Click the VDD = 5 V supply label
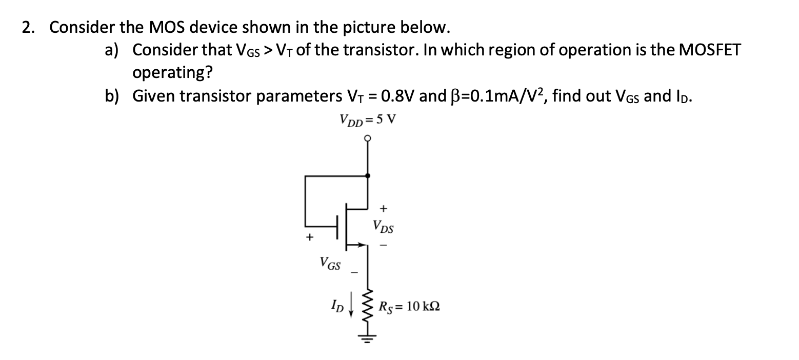tap(368, 121)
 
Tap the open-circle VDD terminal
tap(367, 138)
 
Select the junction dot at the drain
tap(368, 176)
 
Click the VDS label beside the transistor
tap(384, 226)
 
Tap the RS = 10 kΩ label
tap(409, 308)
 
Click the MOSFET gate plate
tap(337, 227)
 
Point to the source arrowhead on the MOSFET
tap(361, 246)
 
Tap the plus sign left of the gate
tap(309, 237)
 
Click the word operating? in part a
tap(172, 72)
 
